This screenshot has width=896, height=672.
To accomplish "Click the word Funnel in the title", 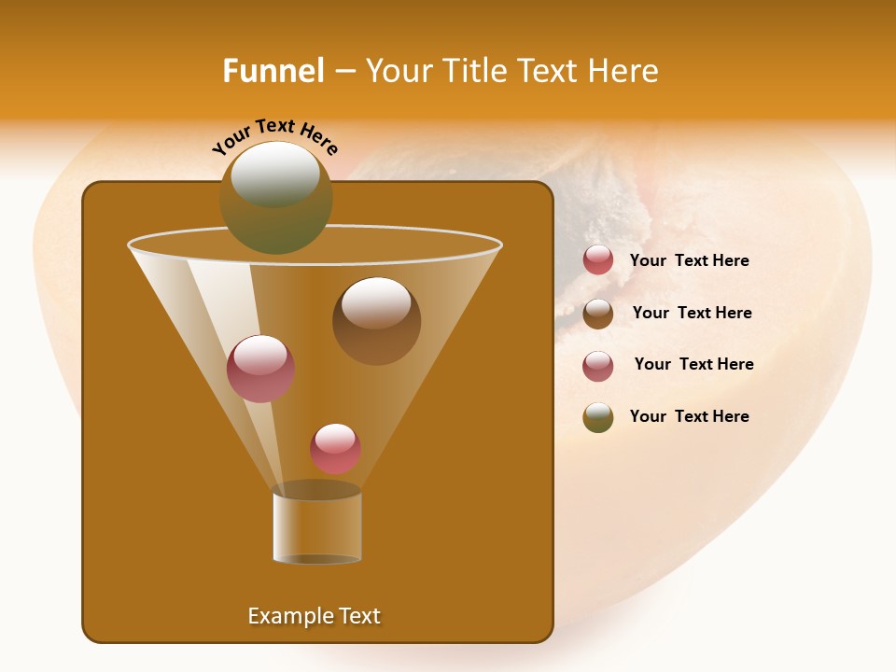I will coord(273,71).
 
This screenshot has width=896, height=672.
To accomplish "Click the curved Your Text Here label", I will coord(274,137).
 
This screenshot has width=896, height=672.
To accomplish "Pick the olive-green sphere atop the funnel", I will coord(275,198).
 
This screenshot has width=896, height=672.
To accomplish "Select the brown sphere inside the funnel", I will coord(376,321).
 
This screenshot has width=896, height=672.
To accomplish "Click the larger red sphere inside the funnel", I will coord(260,369).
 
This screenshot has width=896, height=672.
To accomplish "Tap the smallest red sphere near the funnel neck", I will coord(335,448).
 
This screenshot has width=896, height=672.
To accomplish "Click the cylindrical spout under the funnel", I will coord(316,527).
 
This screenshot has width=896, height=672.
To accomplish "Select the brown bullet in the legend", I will coord(598,314).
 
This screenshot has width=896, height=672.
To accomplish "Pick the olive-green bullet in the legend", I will coord(598,417).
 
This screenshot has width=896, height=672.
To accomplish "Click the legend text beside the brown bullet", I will coord(692,313).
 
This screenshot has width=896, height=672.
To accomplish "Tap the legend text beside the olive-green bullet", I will coord(689,416).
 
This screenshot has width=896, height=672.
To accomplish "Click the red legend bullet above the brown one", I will coord(598,260).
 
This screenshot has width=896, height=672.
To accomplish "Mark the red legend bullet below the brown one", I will coord(598,366).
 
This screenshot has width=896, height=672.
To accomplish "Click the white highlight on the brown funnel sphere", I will coord(375,302).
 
